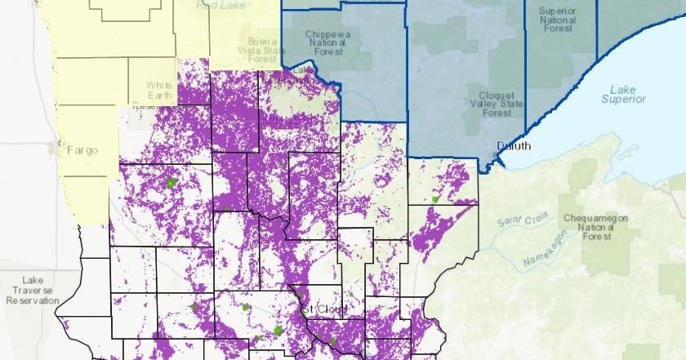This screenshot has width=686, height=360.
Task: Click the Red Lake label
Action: click(219, 5)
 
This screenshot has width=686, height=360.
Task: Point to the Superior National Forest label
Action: click(561, 22)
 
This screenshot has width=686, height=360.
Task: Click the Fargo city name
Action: click(82, 150)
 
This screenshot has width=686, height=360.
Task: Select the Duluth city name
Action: click(514, 146)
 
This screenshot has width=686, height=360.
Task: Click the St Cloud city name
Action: click(324, 310)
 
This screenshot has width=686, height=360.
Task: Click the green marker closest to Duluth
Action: click(436, 198)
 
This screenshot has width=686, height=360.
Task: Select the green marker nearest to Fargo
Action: click(171, 184)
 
